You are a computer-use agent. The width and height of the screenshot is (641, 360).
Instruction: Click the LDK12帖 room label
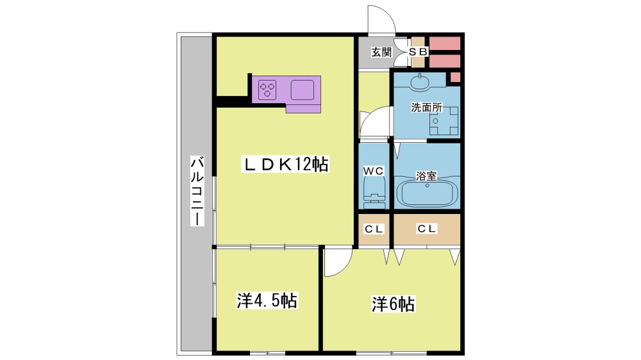click(286, 165)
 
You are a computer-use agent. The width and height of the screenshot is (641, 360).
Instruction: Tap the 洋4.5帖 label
click(267, 301)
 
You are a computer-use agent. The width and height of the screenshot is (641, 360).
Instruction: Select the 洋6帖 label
click(394, 304)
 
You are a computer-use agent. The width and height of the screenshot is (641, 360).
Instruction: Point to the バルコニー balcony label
click(197, 190)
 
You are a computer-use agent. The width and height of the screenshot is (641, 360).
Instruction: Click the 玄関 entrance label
click(381, 52)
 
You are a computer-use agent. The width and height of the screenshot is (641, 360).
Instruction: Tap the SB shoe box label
click(418, 52)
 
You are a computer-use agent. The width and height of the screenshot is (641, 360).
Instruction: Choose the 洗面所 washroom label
click(426, 108)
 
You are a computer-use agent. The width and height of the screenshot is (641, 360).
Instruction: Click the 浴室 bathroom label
click(426, 176)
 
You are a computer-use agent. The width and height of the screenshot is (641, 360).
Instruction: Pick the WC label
click(374, 171)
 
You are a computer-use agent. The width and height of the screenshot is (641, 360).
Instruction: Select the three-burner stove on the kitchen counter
click(267, 90)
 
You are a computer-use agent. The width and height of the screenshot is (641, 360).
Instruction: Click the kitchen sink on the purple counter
click(303, 90)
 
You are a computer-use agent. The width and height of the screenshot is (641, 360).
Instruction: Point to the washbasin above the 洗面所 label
click(420, 82)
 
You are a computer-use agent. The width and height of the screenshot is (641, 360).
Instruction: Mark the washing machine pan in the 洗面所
click(444, 120)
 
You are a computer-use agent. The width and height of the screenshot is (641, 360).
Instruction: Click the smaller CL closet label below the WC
click(374, 229)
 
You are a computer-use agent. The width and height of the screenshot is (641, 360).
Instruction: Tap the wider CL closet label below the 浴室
click(427, 229)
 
